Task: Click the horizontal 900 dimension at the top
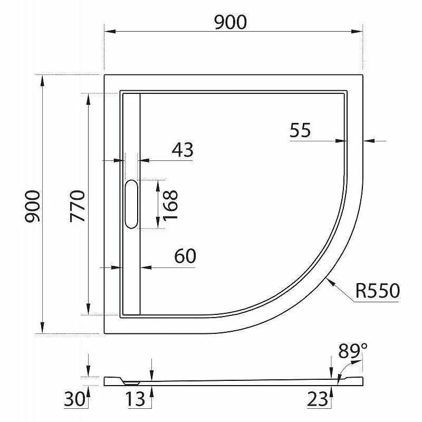(x=231, y=22)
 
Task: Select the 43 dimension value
(x=183, y=150)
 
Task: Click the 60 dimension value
(x=185, y=256)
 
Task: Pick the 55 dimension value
(x=300, y=130)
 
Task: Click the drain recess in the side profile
(x=129, y=379)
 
